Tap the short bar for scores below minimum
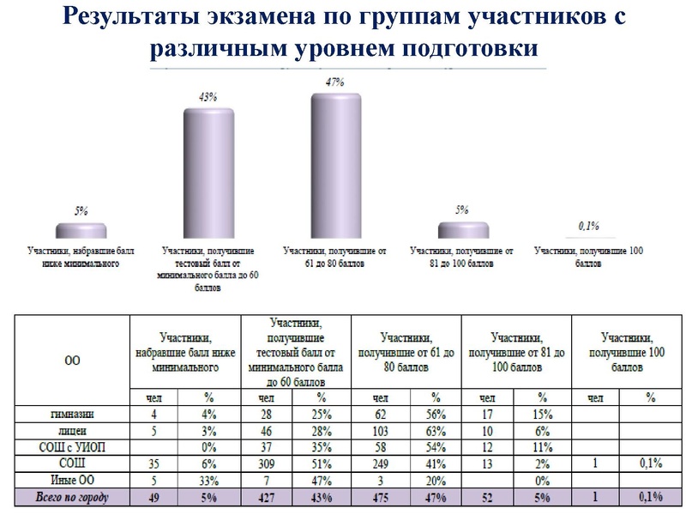[x=81, y=229]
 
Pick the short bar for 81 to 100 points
[x=462, y=229]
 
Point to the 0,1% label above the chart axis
[x=588, y=226]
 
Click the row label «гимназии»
[x=72, y=415]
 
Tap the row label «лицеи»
[x=72, y=430]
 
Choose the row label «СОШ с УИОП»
[x=72, y=446]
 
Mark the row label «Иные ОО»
[x=72, y=478]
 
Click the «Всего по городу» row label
[x=72, y=495]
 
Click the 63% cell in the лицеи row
[x=436, y=430]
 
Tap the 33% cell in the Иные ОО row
[x=207, y=478]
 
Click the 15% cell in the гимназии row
[x=541, y=415]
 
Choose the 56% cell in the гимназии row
[x=436, y=415]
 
